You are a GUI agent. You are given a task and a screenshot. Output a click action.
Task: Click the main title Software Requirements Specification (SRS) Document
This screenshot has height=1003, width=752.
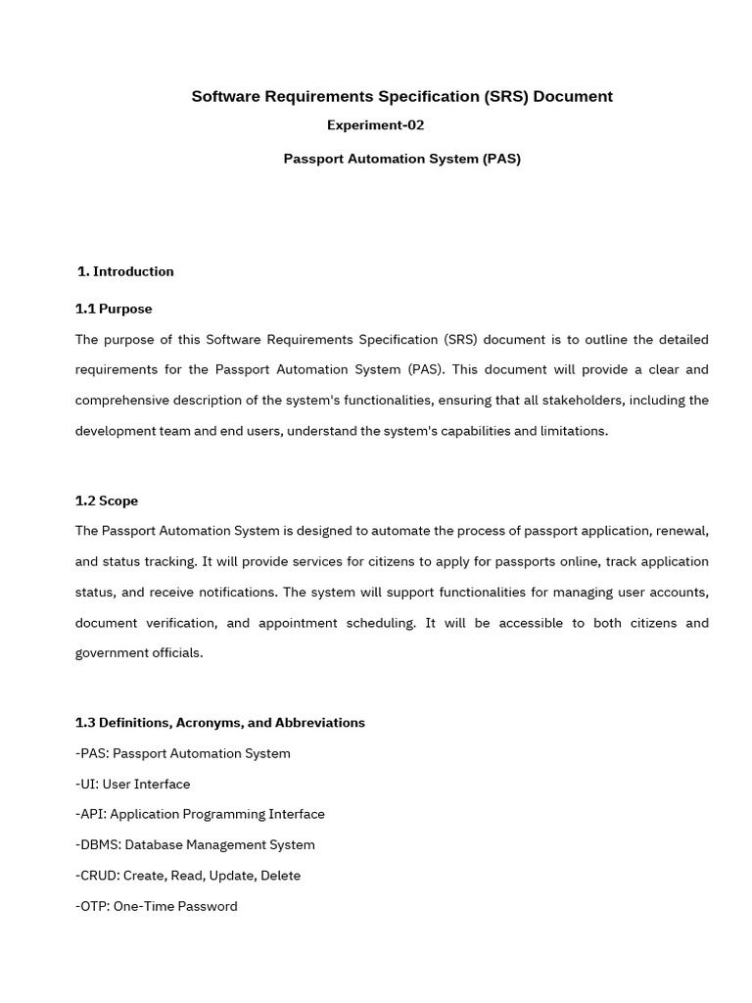tap(401, 96)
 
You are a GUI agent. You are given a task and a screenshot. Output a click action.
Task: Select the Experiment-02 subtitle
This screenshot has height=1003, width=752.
tap(375, 125)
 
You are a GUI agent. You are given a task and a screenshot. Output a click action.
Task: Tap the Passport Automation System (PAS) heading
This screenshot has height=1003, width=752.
tap(401, 159)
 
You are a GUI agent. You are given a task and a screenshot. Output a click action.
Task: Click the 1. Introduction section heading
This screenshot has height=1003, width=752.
tap(125, 271)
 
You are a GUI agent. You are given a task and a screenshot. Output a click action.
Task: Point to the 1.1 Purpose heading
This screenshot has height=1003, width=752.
tap(114, 309)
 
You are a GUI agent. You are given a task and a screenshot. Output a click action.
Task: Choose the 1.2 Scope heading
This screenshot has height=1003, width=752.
tap(107, 501)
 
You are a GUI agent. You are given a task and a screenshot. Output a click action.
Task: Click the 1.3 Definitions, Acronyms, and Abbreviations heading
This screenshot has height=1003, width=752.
tap(220, 723)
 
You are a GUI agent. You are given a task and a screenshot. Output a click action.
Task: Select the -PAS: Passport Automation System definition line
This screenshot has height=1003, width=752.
tap(183, 753)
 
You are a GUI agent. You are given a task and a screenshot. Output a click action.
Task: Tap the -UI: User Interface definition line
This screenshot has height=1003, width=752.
tap(133, 784)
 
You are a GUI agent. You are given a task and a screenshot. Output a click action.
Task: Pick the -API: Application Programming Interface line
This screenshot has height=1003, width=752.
tap(200, 814)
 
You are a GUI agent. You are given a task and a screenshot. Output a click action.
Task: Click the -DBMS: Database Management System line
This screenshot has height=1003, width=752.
tap(195, 844)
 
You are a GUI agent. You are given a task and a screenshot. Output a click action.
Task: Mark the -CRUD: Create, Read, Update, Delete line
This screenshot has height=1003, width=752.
tap(188, 875)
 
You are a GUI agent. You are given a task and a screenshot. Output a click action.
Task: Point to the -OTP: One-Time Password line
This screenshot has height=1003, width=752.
tap(157, 906)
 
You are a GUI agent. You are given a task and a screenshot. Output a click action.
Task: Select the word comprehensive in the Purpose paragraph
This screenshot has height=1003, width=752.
tap(119, 400)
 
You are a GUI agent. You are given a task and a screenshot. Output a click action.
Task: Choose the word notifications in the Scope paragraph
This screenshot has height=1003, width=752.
tap(231, 593)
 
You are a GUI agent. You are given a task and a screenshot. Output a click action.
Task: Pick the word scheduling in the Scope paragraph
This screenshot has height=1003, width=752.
tap(382, 623)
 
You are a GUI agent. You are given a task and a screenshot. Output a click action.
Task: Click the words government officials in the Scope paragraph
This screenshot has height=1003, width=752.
tap(139, 653)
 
